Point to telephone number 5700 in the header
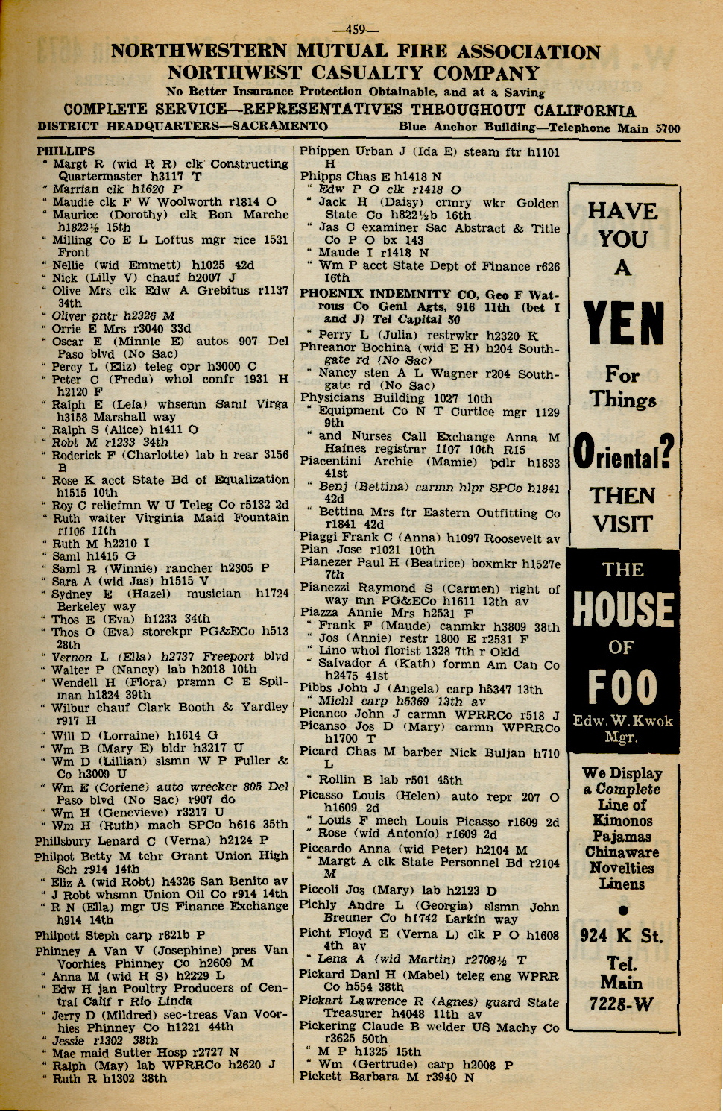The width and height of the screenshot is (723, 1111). tap(667, 128)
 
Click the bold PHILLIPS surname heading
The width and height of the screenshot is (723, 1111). tap(66, 151)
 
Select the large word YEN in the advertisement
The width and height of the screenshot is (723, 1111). tap(624, 326)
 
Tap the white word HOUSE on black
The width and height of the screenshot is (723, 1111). tap(623, 609)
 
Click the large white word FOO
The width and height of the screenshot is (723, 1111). tap(623, 687)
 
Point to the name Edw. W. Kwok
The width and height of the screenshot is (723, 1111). tap(623, 721)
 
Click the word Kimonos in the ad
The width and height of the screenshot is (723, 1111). tap(623, 821)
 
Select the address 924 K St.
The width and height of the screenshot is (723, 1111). tap(622, 936)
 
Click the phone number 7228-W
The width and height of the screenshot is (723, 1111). tap(622, 1004)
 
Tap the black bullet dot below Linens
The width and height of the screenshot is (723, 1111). tap(623, 910)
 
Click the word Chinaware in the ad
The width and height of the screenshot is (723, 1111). tap(622, 852)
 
